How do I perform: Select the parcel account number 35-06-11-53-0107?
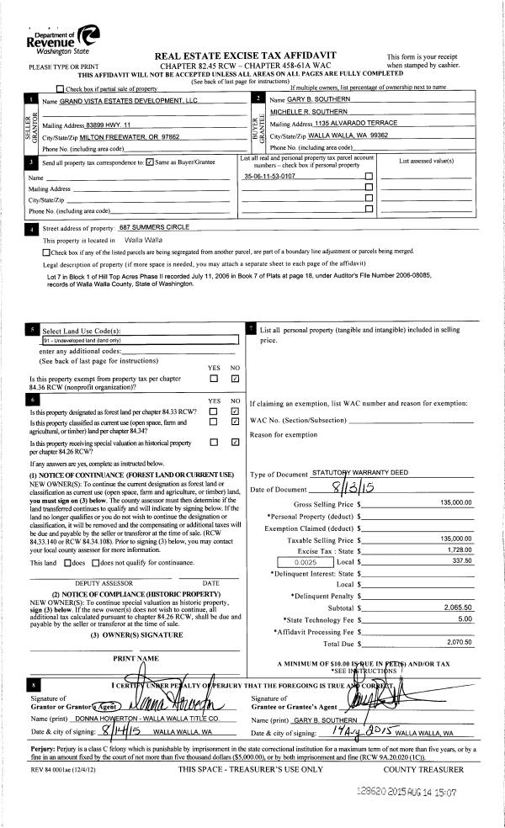269,177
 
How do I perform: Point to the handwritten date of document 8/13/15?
348,490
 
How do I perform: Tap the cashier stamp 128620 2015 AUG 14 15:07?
417,793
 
